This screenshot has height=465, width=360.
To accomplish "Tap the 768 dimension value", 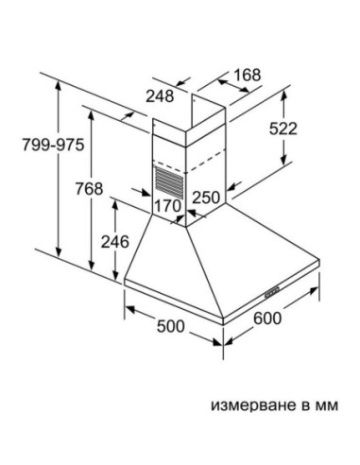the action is click(x=88, y=189).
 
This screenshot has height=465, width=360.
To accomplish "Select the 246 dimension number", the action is click(x=113, y=242).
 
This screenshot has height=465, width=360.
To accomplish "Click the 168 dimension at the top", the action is click(x=246, y=76).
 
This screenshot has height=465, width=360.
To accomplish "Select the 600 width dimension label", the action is click(x=268, y=319).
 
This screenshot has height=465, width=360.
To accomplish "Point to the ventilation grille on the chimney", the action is click(x=170, y=178).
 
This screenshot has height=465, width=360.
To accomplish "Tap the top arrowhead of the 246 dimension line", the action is click(x=113, y=201).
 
